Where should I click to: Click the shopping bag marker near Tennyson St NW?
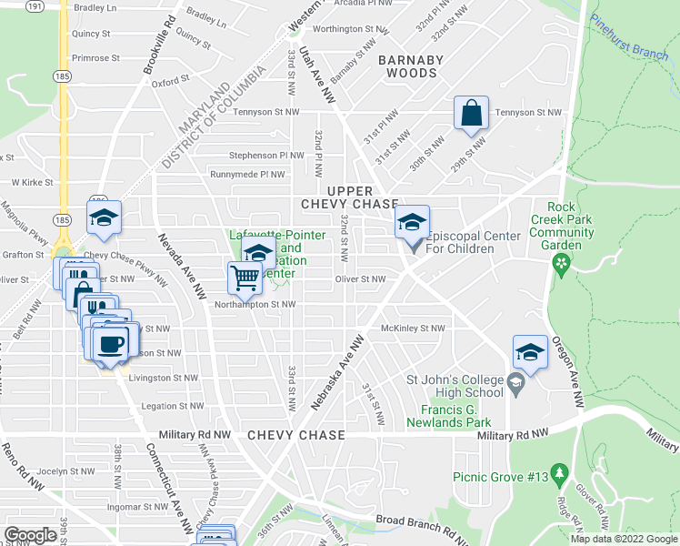472,115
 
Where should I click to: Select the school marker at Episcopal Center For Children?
412,223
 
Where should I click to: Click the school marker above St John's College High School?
530,351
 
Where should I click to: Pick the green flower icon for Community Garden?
561,265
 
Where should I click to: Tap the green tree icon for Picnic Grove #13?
560,473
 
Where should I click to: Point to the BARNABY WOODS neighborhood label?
408,66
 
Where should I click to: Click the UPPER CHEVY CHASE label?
350,197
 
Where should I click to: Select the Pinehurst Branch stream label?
628,36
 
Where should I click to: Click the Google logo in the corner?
30,535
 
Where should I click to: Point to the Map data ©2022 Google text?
624,539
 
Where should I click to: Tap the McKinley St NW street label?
413,329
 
